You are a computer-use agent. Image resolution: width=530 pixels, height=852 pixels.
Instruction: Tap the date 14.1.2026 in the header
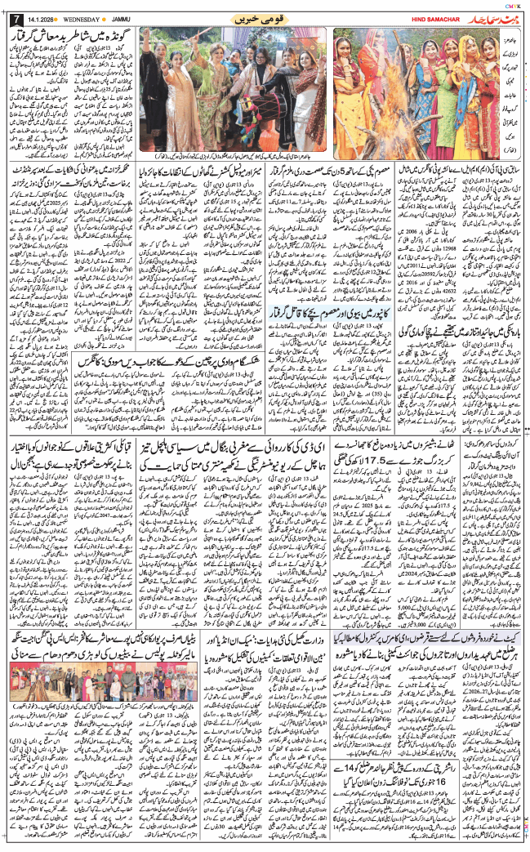coord(42,18)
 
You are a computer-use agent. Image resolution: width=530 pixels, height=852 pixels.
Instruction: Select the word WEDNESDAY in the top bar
coord(86,18)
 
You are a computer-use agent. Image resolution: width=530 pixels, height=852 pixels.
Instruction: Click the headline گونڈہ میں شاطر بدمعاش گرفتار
coord(73,37)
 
